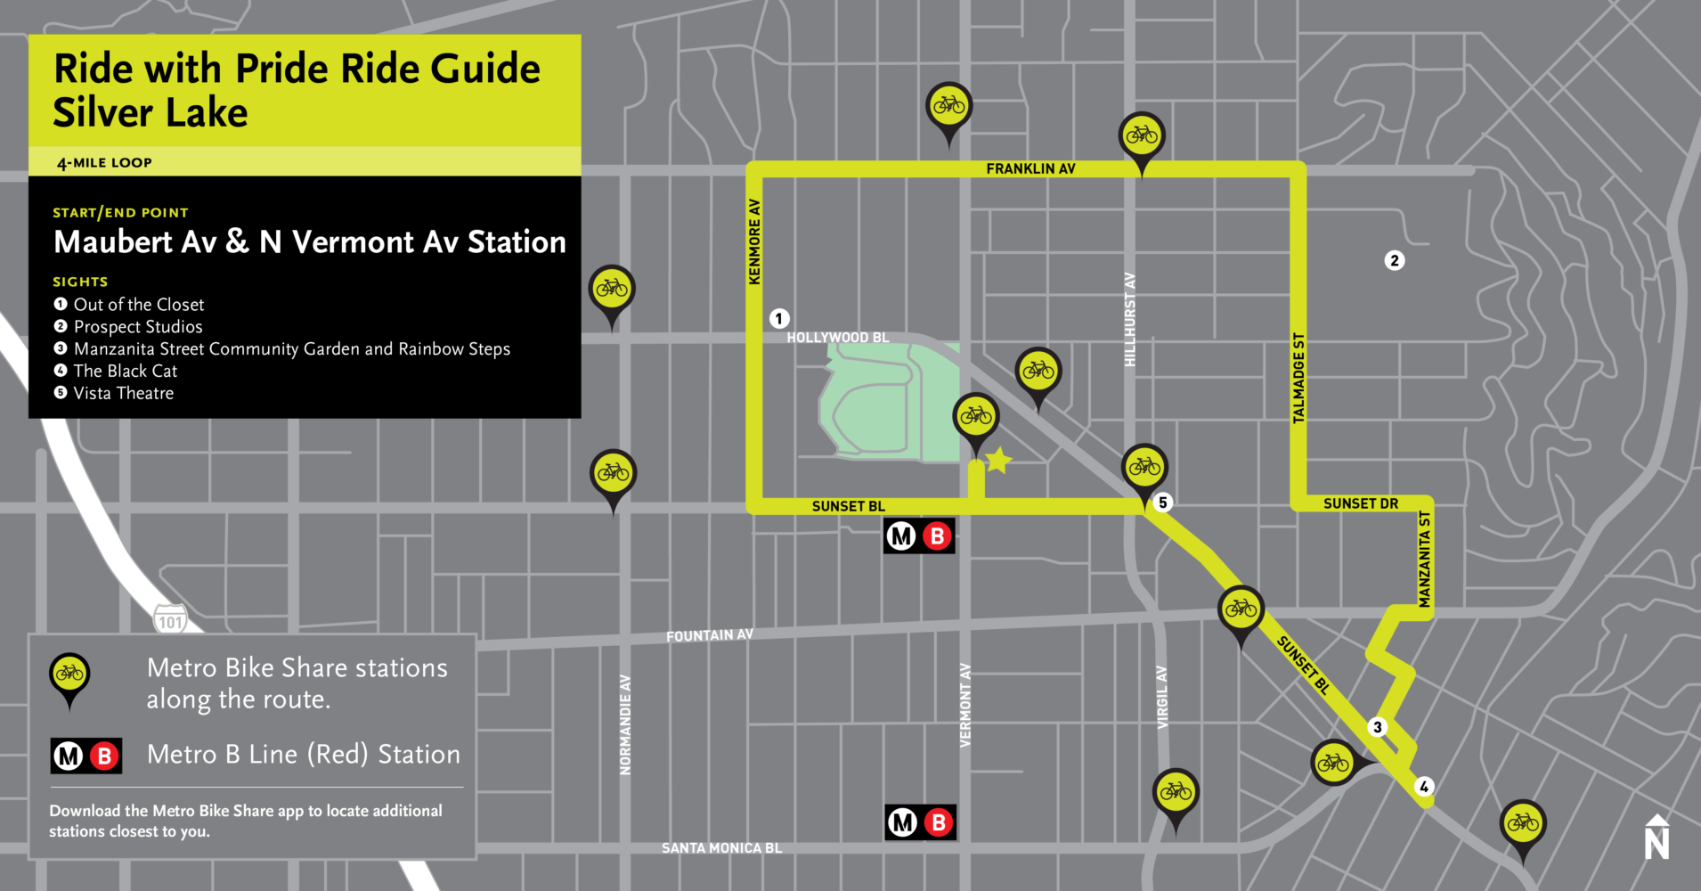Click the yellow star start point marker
coord(998,460)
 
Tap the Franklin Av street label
coord(1030,168)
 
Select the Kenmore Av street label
coord(754,242)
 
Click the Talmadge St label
coord(1298,378)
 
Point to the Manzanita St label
coord(1424,560)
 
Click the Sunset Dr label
coord(1360,503)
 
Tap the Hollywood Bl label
coord(837,338)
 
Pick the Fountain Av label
coord(709,635)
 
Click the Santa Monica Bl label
coord(721,848)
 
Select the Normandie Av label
coord(625,724)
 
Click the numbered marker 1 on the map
coord(779,318)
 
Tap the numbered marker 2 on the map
coord(1395,260)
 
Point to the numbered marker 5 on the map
coord(1162,503)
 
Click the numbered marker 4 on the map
coord(1424,786)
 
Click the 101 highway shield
coord(170,621)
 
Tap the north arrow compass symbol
coord(1656,837)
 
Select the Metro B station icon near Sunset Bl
coord(919,536)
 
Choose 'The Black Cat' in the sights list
coord(126,371)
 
